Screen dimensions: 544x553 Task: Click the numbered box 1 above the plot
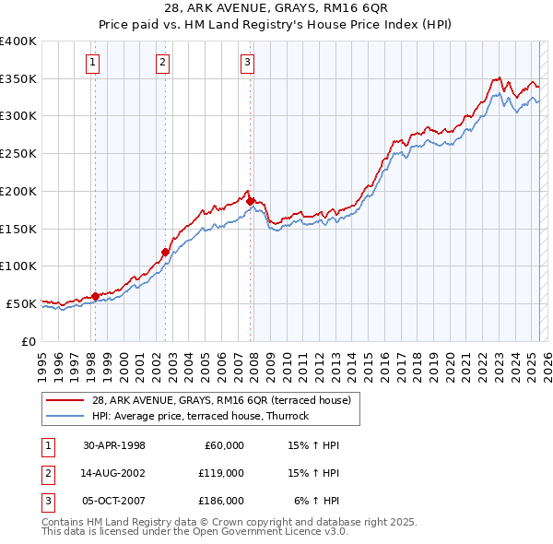click(94, 63)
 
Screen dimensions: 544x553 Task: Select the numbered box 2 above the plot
click(162, 63)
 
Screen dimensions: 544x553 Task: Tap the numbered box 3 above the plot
click(248, 63)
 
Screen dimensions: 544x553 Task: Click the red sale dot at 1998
click(95, 296)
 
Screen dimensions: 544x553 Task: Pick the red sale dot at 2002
click(165, 252)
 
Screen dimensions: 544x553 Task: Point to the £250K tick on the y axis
click(18, 154)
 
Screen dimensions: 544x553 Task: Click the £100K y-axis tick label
click(18, 266)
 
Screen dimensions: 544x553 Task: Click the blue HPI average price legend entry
click(200, 416)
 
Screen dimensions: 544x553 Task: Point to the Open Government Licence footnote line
click(194, 531)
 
